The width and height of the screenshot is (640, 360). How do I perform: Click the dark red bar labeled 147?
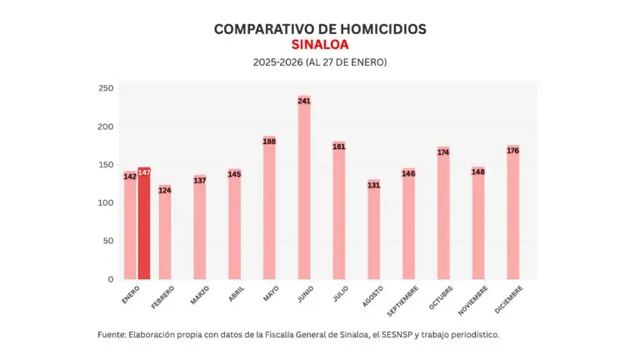[x=144, y=225]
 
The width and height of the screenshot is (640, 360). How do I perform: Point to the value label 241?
[x=304, y=101]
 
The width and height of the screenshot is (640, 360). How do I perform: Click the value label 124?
[x=165, y=191]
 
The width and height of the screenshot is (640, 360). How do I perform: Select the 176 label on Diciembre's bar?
[x=512, y=151]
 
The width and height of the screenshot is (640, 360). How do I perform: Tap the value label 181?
[x=339, y=147]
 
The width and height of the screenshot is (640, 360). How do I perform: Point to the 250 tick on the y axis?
[x=106, y=88]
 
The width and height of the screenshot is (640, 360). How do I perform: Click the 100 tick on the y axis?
[x=106, y=202]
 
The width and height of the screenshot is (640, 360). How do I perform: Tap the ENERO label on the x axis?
[x=130, y=293]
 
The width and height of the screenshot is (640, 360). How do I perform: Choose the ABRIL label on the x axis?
[x=236, y=294]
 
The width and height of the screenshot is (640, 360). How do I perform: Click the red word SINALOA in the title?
[x=320, y=44]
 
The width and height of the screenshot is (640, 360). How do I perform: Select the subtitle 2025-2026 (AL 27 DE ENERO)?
[x=320, y=62]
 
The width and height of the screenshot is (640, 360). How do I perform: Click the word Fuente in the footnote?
[x=111, y=334]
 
